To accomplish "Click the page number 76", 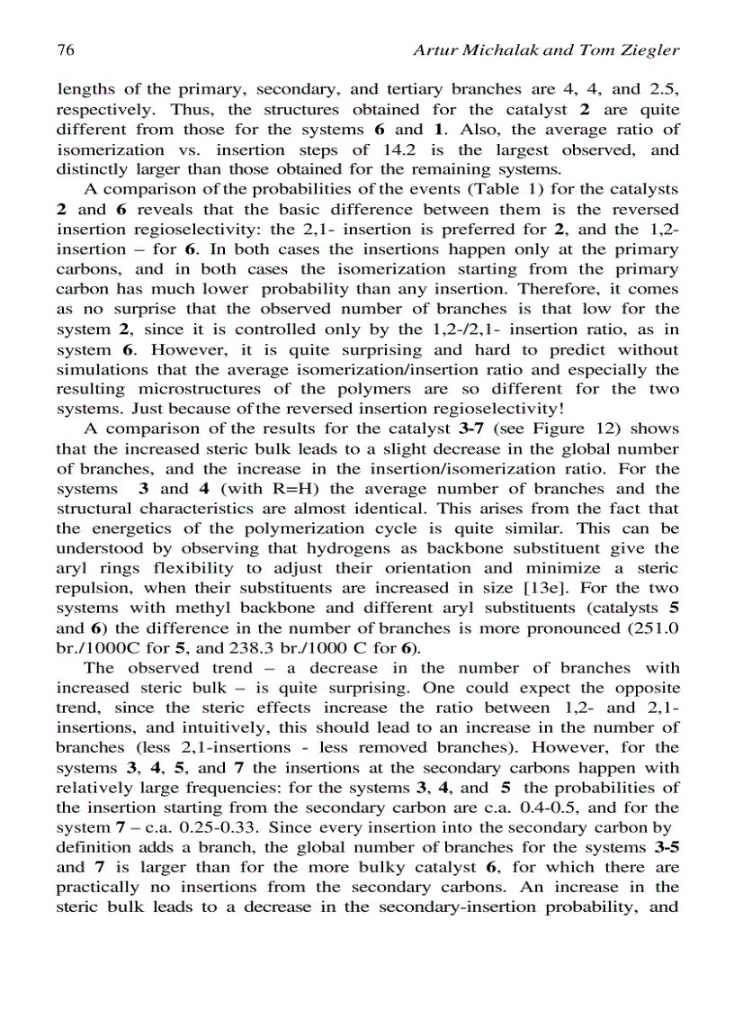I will (x=65, y=50).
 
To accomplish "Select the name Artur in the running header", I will (x=435, y=50).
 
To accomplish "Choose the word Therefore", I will (x=555, y=289).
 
